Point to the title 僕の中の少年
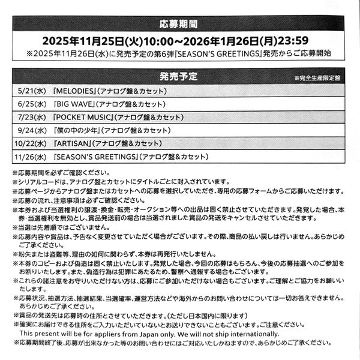pos(76,130)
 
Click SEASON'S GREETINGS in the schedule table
pos(96,156)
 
